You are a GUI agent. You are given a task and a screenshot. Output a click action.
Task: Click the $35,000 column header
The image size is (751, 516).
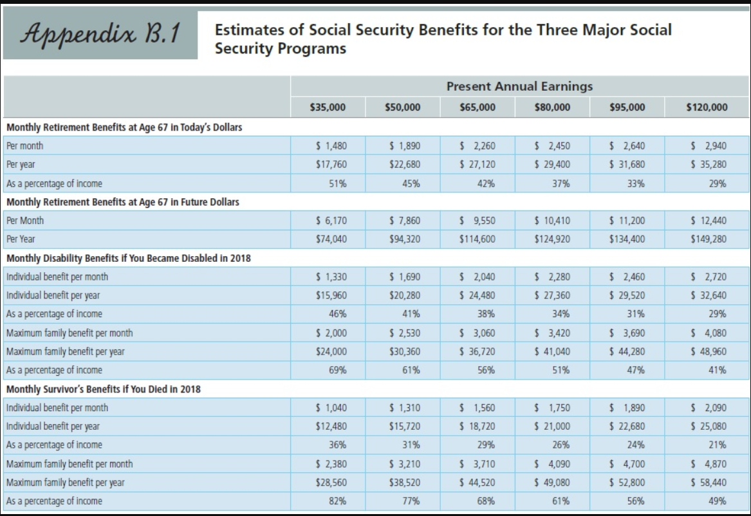328,107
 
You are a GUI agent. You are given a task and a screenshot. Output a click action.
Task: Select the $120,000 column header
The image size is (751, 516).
707,107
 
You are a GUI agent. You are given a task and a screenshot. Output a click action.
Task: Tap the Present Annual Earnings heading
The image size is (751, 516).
519,86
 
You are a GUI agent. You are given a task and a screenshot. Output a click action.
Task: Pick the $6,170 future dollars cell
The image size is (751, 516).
331,221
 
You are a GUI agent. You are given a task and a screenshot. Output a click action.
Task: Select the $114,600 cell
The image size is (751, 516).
477,239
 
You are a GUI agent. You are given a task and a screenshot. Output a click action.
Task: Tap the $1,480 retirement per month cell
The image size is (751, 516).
331,145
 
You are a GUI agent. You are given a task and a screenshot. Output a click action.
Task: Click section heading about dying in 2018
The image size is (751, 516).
103,389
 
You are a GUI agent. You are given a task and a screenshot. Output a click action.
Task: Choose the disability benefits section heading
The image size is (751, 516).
128,258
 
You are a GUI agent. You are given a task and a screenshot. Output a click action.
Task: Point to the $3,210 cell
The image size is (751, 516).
405,464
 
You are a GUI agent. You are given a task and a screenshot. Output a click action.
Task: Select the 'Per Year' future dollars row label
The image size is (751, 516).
20,239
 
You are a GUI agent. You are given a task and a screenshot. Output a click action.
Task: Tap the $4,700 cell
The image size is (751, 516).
629,464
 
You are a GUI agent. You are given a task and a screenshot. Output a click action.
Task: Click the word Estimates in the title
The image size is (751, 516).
243,30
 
